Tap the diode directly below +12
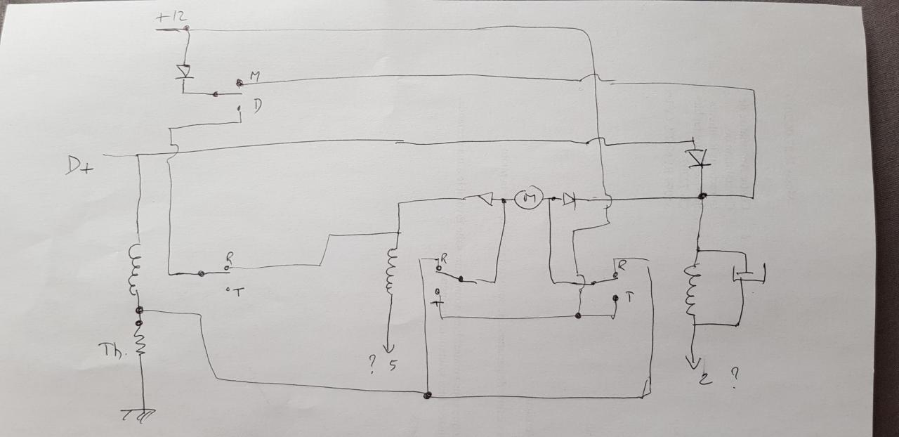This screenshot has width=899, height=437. pos(185,72)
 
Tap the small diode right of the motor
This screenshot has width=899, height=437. pos(569,200)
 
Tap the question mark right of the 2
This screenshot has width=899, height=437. pos(734,377)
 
